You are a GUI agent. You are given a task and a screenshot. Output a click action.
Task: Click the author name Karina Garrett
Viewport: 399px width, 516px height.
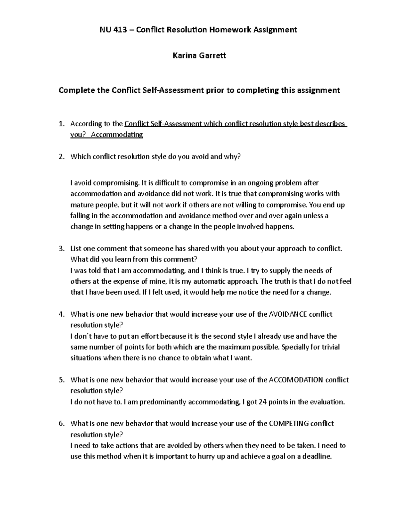(199, 55)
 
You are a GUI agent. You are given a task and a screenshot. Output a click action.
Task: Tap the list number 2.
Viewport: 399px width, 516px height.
(61, 157)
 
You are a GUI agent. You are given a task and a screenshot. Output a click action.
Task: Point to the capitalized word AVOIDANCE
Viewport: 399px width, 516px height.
(288, 314)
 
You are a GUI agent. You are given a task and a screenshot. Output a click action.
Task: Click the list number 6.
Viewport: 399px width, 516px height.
(61, 423)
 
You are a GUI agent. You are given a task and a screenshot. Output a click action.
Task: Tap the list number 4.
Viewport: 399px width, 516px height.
(61, 314)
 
